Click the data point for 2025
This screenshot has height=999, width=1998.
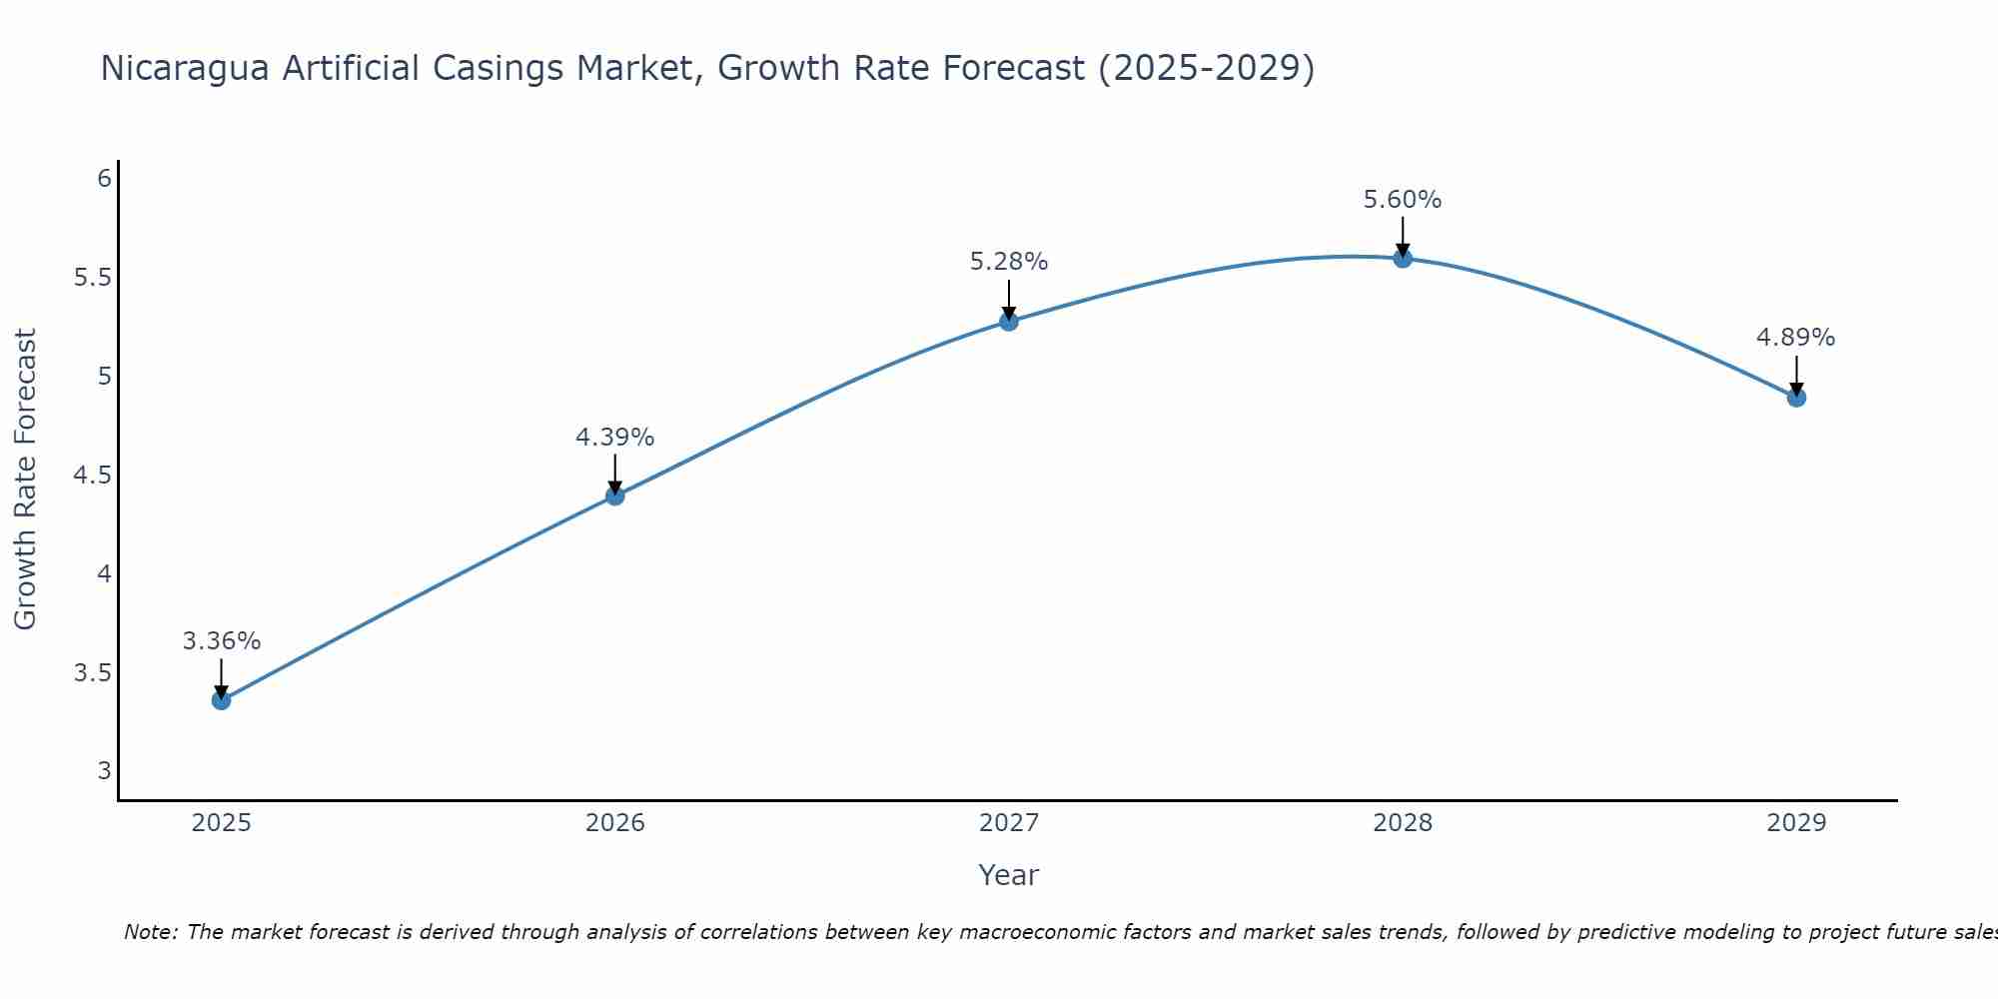tap(221, 700)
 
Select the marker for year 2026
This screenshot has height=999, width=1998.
tap(614, 496)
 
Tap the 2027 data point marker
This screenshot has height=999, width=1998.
tap(1009, 321)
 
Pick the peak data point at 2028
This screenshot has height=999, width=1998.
tap(1403, 258)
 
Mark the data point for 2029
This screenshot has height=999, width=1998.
tap(1796, 398)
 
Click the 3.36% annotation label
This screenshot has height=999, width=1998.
tap(221, 641)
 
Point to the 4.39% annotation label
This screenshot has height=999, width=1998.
tap(614, 438)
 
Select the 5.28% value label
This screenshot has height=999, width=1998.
tap(1009, 262)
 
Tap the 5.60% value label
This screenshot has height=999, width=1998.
tap(1403, 200)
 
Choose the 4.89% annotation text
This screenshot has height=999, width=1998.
tap(1795, 338)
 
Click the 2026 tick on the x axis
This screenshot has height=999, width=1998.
tap(614, 823)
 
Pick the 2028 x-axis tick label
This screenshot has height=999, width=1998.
tap(1403, 823)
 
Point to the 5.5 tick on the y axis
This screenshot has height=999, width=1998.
tap(92, 278)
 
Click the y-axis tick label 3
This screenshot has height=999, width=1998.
tap(104, 771)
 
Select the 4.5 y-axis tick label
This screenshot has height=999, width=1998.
tap(92, 476)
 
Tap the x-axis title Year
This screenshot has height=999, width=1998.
tap(1008, 875)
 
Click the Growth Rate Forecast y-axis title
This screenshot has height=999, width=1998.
tap(25, 480)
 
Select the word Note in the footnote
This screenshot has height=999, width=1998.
tap(150, 932)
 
